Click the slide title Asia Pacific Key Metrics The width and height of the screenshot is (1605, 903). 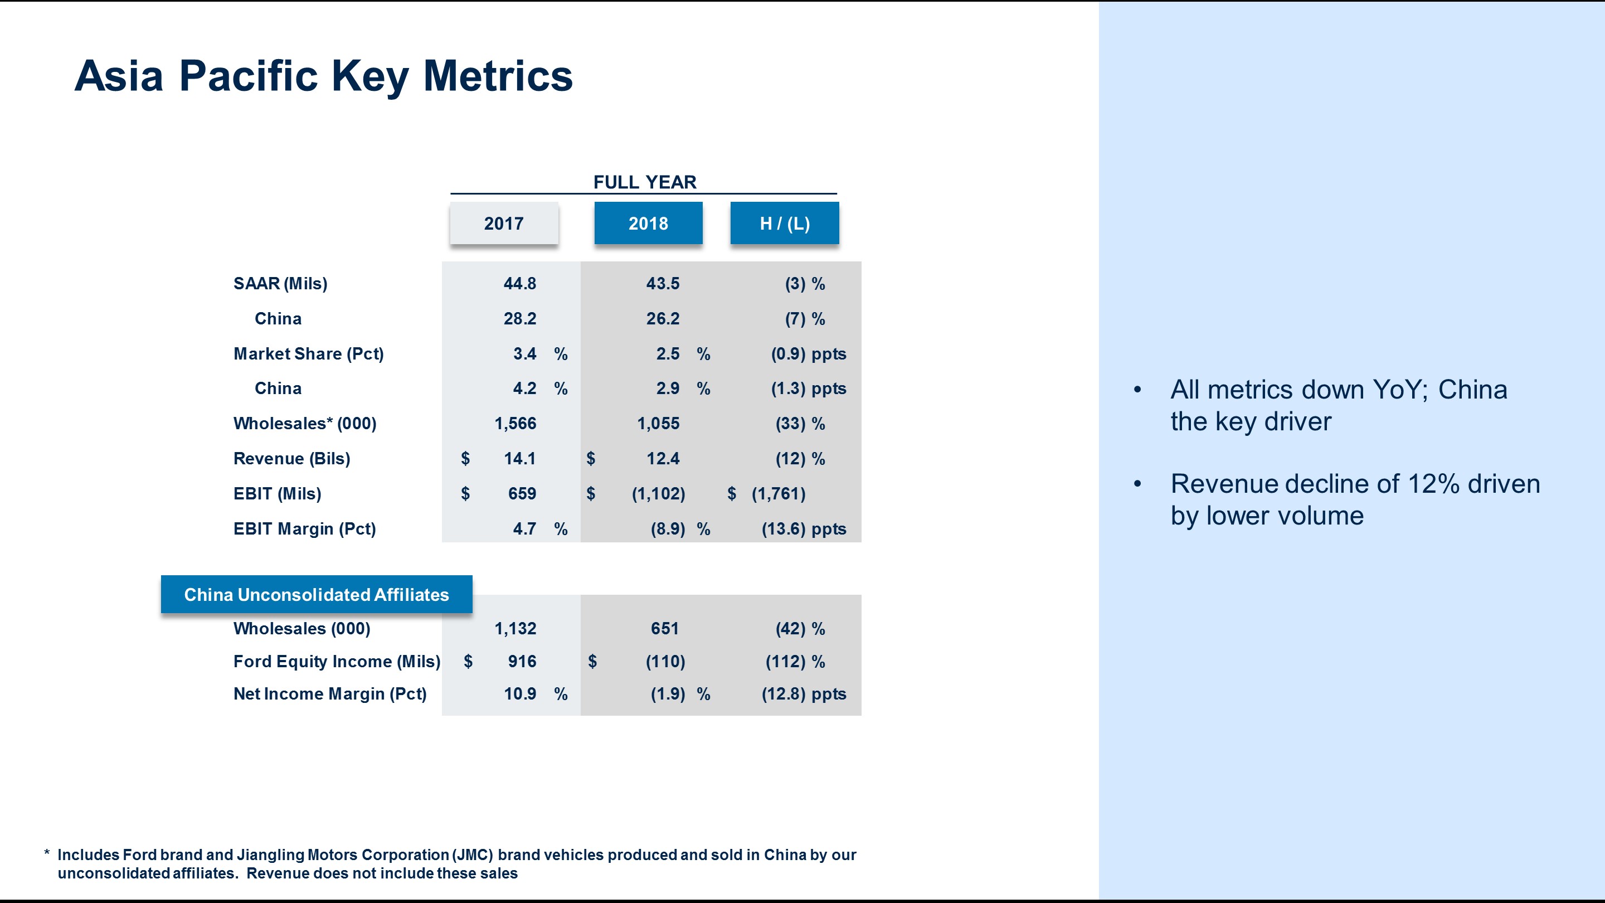[x=323, y=76]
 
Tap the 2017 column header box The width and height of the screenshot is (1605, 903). [x=503, y=223]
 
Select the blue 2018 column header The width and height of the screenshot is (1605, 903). [x=648, y=223]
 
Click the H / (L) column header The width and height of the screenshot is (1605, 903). [x=785, y=223]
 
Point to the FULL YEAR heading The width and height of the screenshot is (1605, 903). [x=644, y=182]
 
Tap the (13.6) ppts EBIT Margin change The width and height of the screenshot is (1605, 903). [x=803, y=529]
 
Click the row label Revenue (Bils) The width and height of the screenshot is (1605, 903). [x=291, y=459]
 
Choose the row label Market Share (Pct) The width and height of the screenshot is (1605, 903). [x=308, y=354]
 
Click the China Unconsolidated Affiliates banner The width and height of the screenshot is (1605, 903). [x=316, y=595]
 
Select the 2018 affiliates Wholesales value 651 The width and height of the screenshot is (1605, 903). [x=664, y=628]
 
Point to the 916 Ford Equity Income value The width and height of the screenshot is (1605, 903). [x=522, y=661]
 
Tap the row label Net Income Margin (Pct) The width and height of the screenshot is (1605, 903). [x=329, y=693]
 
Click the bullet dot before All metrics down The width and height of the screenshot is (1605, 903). [x=1137, y=390]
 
